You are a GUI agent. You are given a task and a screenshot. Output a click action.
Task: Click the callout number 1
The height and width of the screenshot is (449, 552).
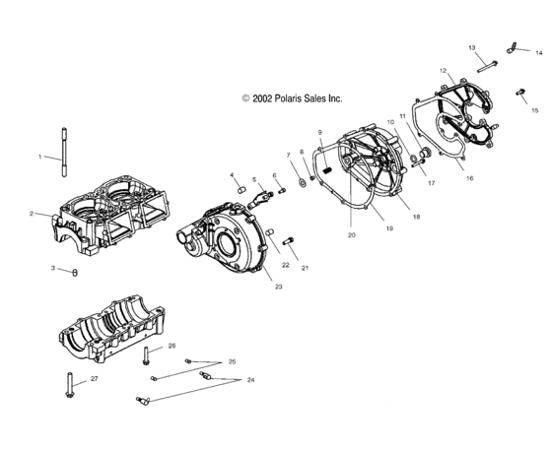tap(39, 157)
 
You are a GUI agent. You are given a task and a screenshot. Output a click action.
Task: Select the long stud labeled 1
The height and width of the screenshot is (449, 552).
tap(64, 152)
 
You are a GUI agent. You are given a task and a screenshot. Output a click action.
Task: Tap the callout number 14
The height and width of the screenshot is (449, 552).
tap(538, 53)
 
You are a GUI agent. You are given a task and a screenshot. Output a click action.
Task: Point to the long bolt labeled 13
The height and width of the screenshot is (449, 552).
tap(487, 67)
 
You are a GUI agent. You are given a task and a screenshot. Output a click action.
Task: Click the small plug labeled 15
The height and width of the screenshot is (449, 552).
tap(520, 93)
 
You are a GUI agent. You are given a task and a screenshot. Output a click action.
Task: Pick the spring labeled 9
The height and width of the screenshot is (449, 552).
tap(327, 171)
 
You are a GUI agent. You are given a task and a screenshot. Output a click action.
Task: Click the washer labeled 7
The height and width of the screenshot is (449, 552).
tap(302, 182)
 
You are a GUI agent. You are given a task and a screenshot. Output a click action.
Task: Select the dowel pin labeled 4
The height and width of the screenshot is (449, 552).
tap(241, 190)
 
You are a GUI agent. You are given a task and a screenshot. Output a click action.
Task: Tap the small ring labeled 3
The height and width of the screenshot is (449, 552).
tap(75, 273)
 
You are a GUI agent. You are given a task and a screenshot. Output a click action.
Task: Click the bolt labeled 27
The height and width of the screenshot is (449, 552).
tap(69, 385)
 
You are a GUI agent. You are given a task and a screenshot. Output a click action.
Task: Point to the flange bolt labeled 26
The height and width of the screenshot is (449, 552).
tap(146, 355)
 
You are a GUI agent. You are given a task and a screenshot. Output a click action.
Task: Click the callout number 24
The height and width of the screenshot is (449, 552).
tap(250, 380)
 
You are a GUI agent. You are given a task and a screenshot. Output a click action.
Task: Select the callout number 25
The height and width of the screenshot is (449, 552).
tap(232, 361)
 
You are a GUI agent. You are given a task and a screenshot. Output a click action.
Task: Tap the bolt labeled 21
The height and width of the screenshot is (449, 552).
tap(288, 241)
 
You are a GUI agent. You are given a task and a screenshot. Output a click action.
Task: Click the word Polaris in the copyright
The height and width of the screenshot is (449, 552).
tap(288, 98)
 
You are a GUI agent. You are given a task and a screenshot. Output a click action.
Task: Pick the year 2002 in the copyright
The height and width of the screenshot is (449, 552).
tap(262, 98)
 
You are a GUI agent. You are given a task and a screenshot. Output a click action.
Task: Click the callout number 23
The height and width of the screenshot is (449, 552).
tap(278, 287)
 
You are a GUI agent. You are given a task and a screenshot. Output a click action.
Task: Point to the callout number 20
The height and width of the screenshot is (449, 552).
tap(352, 235)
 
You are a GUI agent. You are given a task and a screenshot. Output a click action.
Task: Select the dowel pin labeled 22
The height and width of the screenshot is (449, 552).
tap(269, 232)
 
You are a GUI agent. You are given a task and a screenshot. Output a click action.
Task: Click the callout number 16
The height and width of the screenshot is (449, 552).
tap(469, 178)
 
